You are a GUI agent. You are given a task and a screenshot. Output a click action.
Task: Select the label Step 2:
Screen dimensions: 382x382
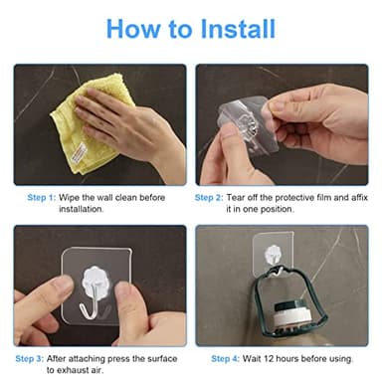209,197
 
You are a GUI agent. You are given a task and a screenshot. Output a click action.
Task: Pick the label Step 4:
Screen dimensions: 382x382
227,357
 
